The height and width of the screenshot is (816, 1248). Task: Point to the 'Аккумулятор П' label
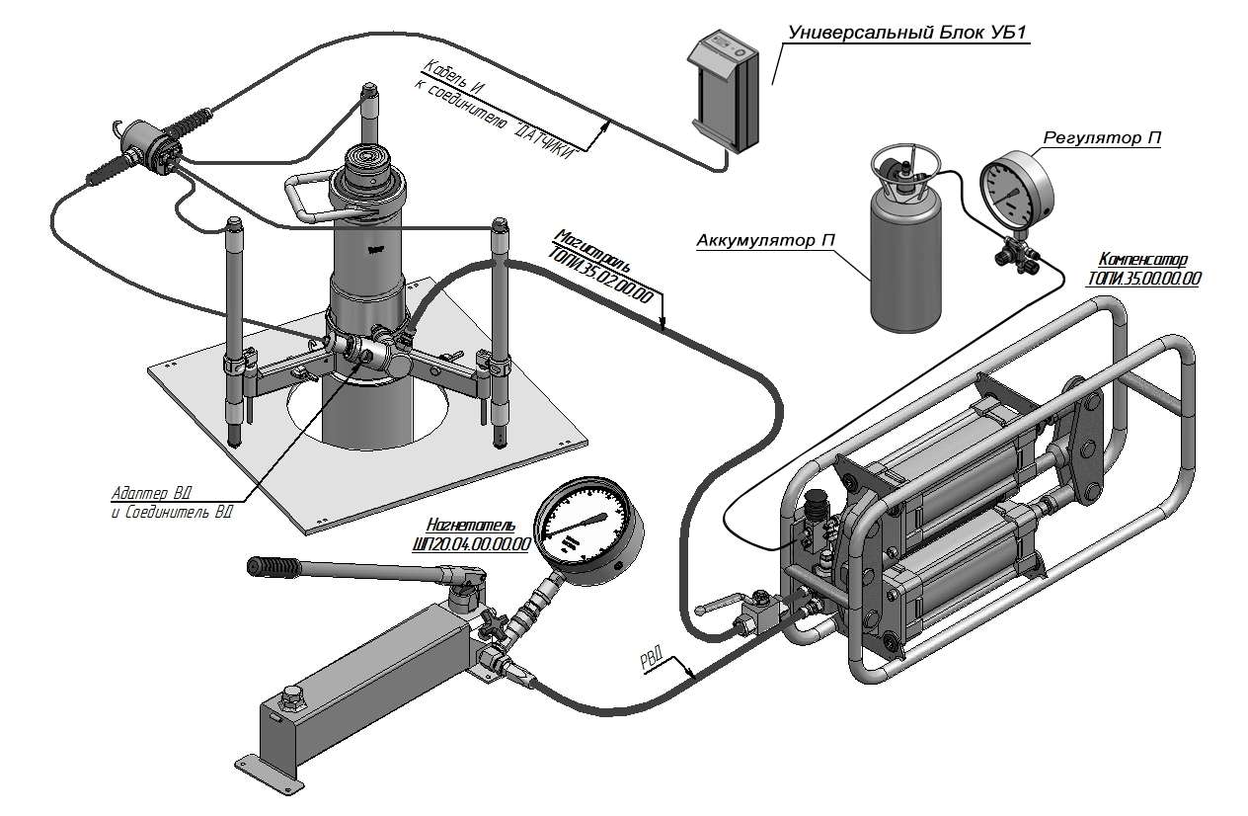tap(762, 241)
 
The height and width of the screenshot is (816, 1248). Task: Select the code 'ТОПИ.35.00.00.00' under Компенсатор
tap(1144, 280)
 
